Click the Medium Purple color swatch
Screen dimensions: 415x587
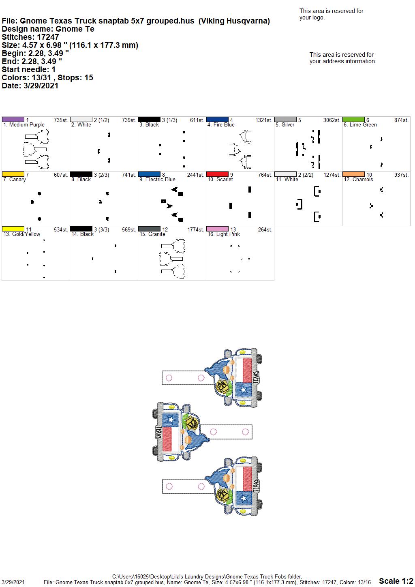pyautogui.click(x=13, y=120)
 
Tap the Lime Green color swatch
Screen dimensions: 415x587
pyautogui.click(x=353, y=120)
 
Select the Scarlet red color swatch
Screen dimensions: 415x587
pyautogui.click(x=217, y=174)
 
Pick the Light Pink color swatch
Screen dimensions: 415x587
pyautogui.click(x=217, y=229)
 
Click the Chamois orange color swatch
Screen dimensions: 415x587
pyautogui.click(x=353, y=174)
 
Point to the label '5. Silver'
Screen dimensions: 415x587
pyautogui.click(x=285, y=125)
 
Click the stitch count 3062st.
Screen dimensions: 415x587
pyautogui.click(x=332, y=120)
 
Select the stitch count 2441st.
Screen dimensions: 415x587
pyautogui.click(x=195, y=175)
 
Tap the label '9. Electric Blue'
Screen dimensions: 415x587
pyautogui.click(x=157, y=180)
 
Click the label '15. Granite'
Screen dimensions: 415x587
pyautogui.click(x=152, y=234)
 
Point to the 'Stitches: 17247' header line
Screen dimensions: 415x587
pyautogui.click(x=30, y=37)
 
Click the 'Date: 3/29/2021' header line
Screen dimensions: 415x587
pyautogui.click(x=30, y=86)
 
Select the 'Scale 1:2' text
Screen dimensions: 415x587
pyautogui.click(x=396, y=581)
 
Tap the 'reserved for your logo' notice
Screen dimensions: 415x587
pyautogui.click(x=331, y=14)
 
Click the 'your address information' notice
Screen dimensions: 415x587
pyautogui.click(x=343, y=58)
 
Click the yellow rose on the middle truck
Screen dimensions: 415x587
pyautogui.click(x=192, y=422)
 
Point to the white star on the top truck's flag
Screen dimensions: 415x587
pyautogui.click(x=244, y=390)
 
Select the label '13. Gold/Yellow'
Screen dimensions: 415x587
pyautogui.click(x=22, y=234)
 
